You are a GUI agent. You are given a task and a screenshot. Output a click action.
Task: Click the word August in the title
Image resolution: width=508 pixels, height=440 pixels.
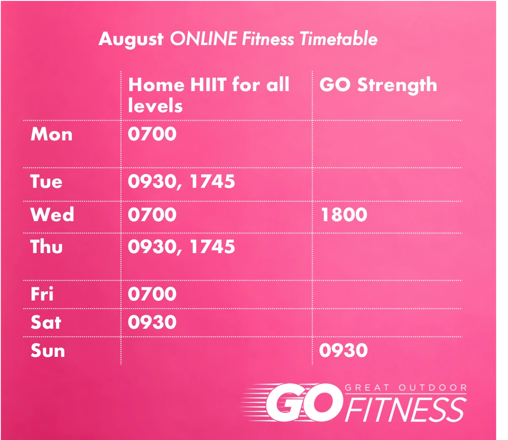(x=131, y=39)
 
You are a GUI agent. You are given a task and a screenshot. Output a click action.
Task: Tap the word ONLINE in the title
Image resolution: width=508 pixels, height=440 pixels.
(x=204, y=39)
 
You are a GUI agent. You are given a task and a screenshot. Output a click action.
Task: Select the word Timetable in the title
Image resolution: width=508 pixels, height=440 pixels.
(x=338, y=39)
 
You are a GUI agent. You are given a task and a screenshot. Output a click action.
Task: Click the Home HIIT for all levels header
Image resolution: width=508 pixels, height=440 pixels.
(x=209, y=95)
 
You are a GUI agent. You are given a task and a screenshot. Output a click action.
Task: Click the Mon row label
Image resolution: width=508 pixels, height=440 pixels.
(x=52, y=134)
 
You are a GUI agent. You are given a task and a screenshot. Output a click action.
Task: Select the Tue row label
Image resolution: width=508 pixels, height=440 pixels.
(x=46, y=181)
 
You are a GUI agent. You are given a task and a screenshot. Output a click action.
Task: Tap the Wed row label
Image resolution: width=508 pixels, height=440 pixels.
(x=52, y=214)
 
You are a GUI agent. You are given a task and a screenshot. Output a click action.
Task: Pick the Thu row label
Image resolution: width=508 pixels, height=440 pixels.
(x=47, y=247)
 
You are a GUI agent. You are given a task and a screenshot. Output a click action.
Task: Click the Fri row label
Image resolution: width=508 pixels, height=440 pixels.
(x=42, y=293)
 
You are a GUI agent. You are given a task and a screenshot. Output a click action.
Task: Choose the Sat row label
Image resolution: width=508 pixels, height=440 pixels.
(x=46, y=323)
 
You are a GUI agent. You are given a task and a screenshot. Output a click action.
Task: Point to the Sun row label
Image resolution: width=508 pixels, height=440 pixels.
(x=47, y=351)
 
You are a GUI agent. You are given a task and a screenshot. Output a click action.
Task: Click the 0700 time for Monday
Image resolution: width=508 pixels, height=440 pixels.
(x=152, y=134)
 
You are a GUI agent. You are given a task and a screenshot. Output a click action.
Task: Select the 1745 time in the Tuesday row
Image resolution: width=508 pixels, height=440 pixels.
(x=212, y=181)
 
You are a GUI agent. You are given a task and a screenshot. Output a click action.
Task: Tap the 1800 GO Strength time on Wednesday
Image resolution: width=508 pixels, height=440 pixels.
(x=344, y=214)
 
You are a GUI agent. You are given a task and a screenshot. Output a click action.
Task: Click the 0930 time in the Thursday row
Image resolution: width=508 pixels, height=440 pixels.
(x=152, y=247)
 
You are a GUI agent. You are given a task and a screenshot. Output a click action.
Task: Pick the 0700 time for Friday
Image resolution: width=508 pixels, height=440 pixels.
(x=152, y=293)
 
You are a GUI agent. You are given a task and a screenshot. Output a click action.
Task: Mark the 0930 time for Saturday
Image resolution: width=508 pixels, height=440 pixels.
(x=152, y=322)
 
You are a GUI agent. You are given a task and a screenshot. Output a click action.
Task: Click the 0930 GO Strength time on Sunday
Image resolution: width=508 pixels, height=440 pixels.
(x=344, y=350)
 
